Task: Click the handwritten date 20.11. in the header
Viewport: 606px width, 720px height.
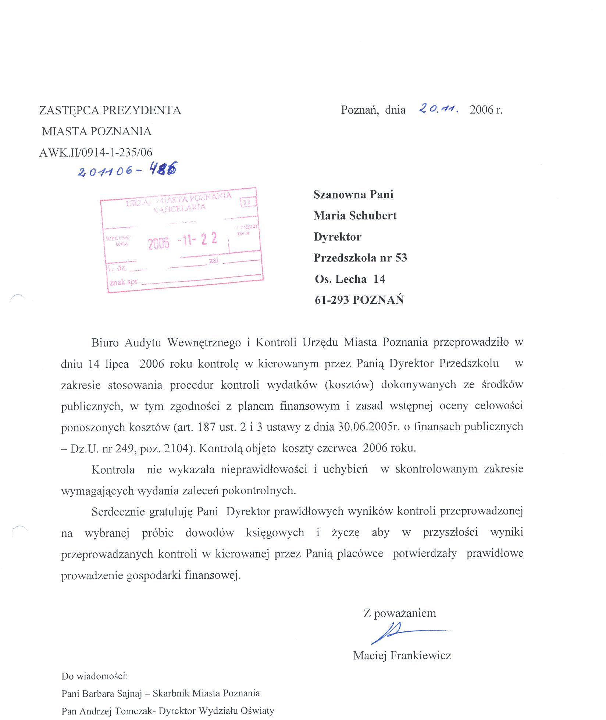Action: pyautogui.click(x=438, y=108)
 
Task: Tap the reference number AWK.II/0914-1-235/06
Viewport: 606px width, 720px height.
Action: pyautogui.click(x=96, y=153)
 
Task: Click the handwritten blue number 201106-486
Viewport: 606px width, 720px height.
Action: pyautogui.click(x=127, y=170)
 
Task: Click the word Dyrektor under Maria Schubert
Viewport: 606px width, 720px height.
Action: pyautogui.click(x=337, y=237)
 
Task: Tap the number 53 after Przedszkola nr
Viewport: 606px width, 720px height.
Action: pyautogui.click(x=401, y=258)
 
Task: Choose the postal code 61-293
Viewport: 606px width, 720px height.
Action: pyautogui.click(x=331, y=300)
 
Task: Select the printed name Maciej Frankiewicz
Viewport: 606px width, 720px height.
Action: pyautogui.click(x=402, y=655)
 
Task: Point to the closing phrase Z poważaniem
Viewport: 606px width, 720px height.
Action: pyautogui.click(x=400, y=613)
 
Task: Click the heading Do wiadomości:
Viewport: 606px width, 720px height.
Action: pyautogui.click(x=95, y=676)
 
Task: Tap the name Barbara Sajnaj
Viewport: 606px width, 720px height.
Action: pyautogui.click(x=112, y=694)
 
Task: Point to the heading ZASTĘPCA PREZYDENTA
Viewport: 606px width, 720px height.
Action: pyautogui.click(x=110, y=110)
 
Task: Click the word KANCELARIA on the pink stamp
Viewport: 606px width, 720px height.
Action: pyautogui.click(x=179, y=208)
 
